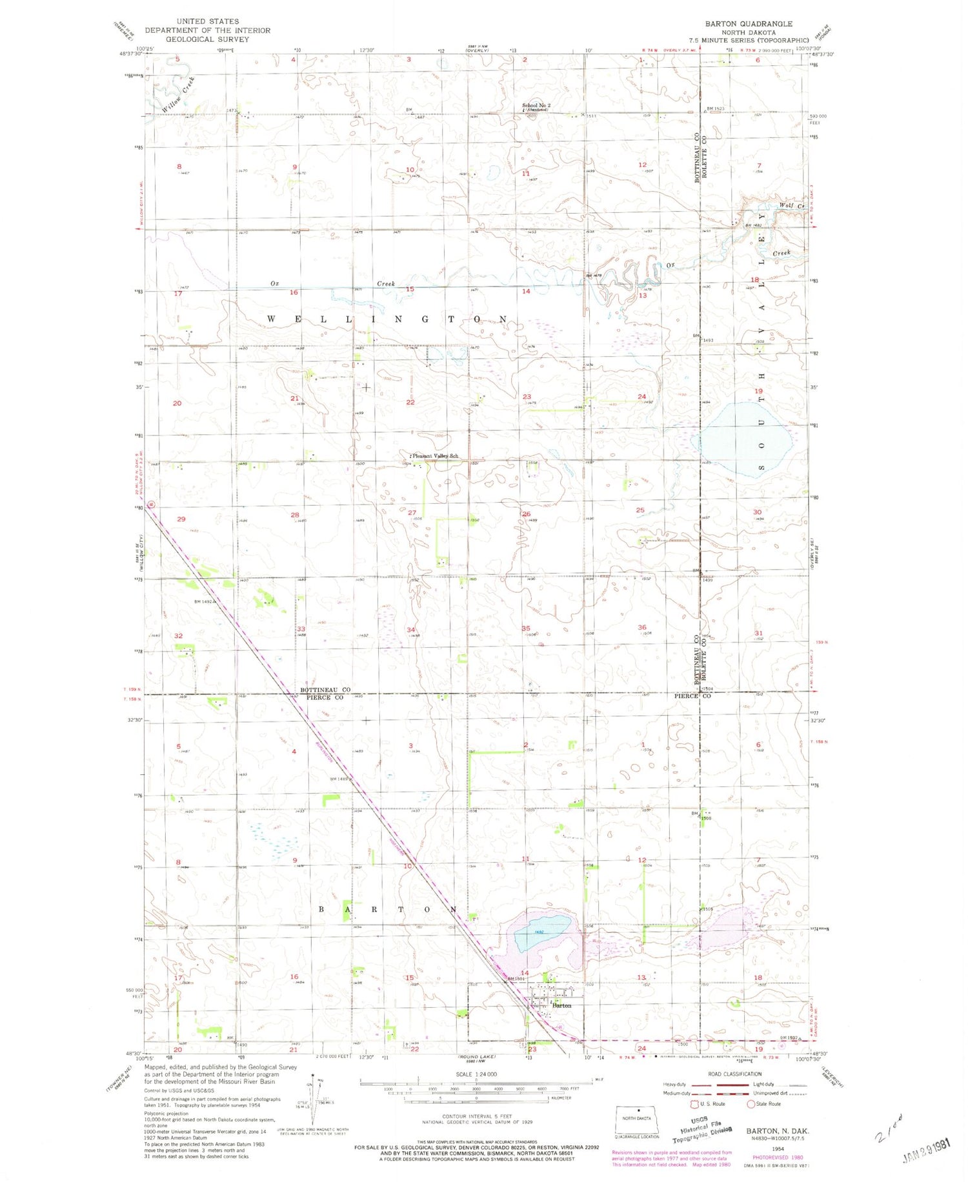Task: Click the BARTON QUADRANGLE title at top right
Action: (x=748, y=24)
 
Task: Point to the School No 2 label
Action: (x=536, y=105)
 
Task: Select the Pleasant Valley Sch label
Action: (x=436, y=456)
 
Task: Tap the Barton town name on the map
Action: (x=562, y=1005)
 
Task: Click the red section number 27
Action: (x=412, y=513)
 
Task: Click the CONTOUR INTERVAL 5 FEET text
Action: (x=477, y=1116)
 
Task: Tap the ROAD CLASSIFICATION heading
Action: (x=735, y=1074)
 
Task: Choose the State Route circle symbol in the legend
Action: (x=751, y=1104)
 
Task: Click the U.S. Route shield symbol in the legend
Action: (x=695, y=1104)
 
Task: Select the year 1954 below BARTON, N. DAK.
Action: (x=778, y=1148)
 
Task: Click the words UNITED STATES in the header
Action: (x=208, y=21)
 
